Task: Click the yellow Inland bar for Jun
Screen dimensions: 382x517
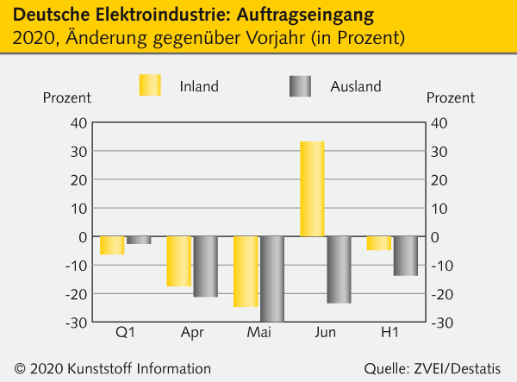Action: pyautogui.click(x=312, y=189)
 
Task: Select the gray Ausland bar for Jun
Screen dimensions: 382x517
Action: pyautogui.click(x=339, y=270)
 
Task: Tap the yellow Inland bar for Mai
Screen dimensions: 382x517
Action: pyautogui.click(x=246, y=272)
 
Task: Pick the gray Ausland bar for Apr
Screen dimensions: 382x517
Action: pyautogui.click(x=205, y=266)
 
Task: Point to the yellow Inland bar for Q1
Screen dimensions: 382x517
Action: pyautogui.click(x=112, y=245)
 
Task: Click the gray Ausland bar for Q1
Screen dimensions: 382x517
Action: pyautogui.click(x=139, y=240)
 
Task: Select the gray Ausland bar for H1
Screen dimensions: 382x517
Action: pyautogui.click(x=405, y=256)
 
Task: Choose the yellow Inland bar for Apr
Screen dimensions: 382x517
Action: pyautogui.click(x=178, y=261)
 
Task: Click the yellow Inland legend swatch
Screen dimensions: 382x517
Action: pyautogui.click(x=150, y=85)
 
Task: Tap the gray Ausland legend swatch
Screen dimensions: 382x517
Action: pyautogui.click(x=300, y=85)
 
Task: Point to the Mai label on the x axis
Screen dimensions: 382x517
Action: pyautogui.click(x=258, y=332)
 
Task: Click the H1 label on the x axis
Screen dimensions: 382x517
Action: pyautogui.click(x=392, y=332)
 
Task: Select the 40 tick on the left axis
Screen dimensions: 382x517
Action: pyautogui.click(x=77, y=123)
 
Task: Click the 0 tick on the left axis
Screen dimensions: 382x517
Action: pyautogui.click(x=82, y=237)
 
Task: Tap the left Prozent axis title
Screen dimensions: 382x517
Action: pyautogui.click(x=66, y=97)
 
